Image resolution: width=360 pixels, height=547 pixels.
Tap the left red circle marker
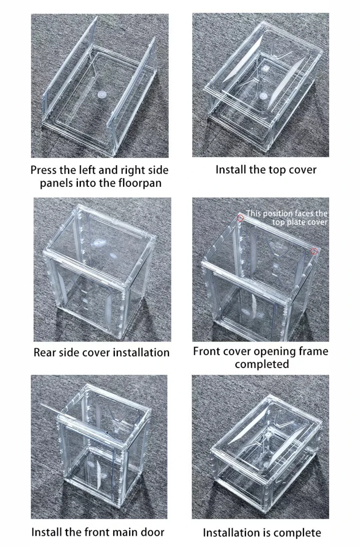click(240, 218)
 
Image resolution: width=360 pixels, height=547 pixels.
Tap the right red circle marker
click(314, 251)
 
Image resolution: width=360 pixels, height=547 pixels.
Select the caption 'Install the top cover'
click(266, 170)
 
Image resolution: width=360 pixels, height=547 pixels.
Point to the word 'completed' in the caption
click(261, 364)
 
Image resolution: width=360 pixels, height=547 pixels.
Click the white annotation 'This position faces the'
click(286, 214)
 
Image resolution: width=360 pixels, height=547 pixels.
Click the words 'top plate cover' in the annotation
click(300, 222)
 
